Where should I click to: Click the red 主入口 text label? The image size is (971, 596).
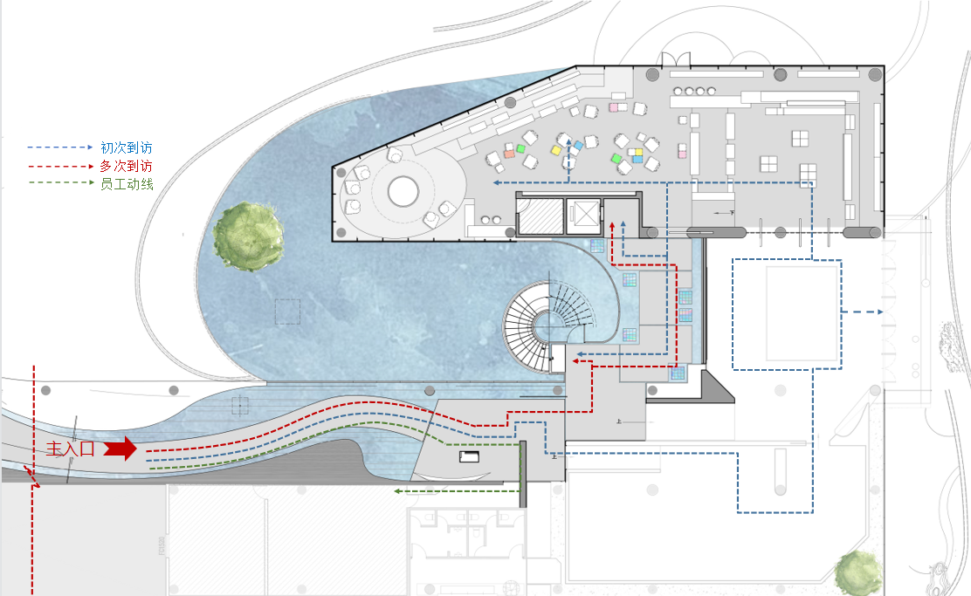70,449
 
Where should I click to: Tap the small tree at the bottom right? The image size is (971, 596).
857,572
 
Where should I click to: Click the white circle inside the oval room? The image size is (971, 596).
403,192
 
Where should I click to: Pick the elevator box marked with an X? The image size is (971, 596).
582,215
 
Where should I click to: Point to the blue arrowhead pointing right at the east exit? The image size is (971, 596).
878,312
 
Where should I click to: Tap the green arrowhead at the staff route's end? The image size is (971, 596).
397,491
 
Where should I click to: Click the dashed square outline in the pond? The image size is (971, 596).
287,312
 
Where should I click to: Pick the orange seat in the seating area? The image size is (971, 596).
508,154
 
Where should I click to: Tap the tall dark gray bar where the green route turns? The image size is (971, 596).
523,474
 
